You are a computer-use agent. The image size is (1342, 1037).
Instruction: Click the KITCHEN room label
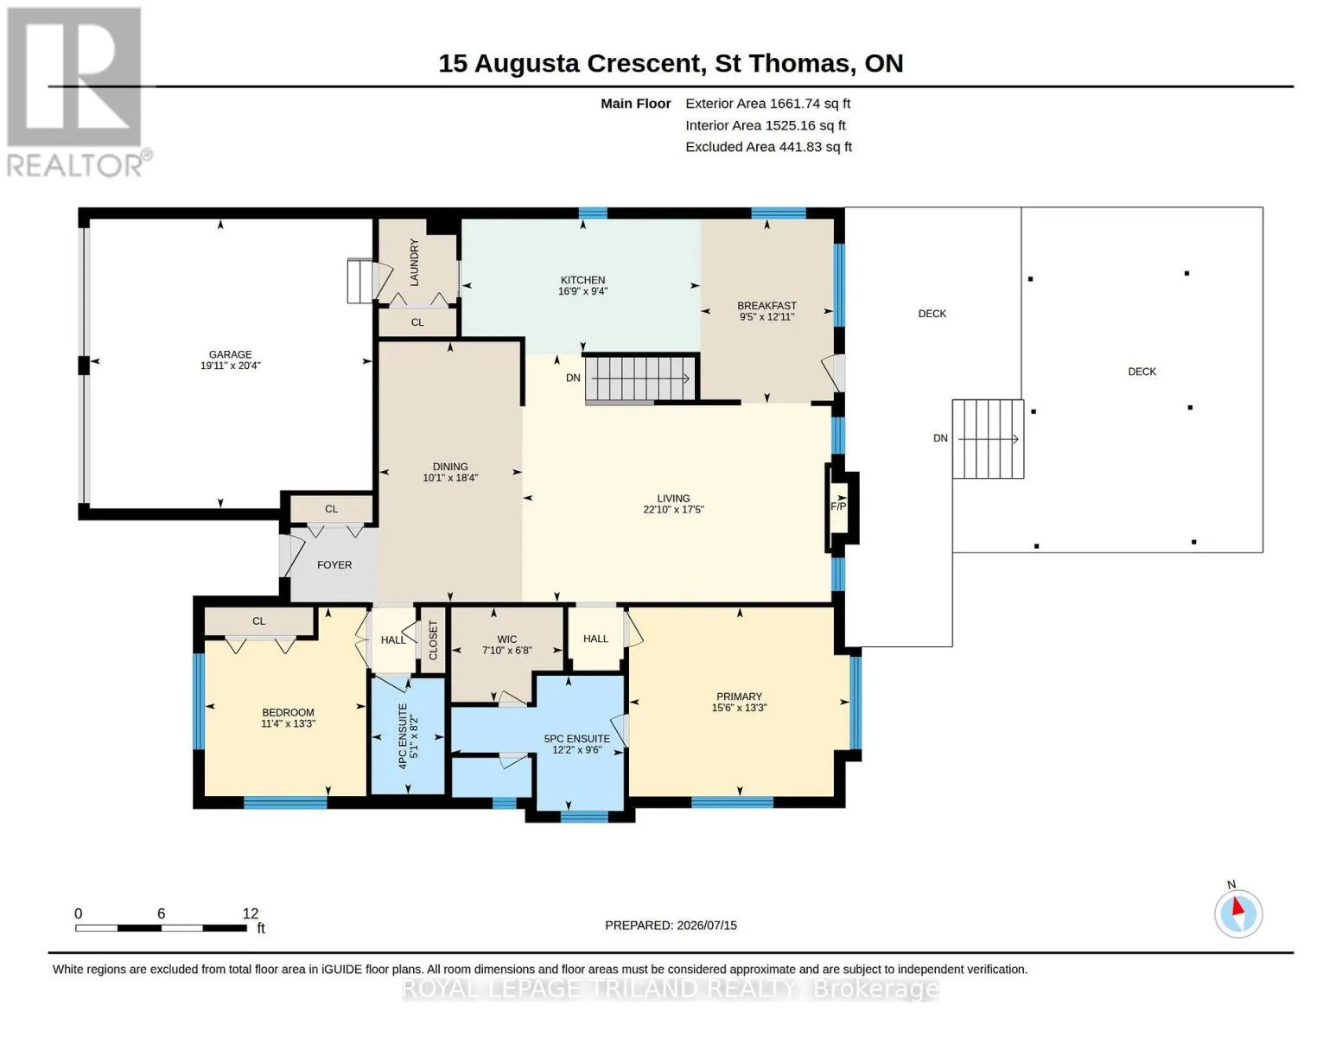coord(582,280)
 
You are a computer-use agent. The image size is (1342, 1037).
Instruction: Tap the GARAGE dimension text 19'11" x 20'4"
coord(231,366)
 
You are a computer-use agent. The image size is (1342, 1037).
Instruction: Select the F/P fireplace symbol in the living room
coord(842,507)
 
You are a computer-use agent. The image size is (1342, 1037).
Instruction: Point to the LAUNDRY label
coord(415,263)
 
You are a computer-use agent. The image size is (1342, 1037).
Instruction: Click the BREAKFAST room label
coord(767,306)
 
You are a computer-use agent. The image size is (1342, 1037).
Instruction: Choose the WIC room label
coord(507,639)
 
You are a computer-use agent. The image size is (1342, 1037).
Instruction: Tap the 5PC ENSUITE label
coord(577,739)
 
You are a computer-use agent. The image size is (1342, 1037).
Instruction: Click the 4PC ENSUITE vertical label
coord(403,736)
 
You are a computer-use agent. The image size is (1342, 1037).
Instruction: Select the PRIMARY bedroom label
coord(739,697)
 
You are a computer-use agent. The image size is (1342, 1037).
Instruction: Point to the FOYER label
coord(334,565)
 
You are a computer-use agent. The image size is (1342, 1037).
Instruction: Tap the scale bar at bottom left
coord(162,928)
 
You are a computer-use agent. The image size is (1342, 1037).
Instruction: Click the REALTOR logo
coord(77,92)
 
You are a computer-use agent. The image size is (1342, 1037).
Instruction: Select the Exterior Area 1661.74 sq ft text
coord(767,104)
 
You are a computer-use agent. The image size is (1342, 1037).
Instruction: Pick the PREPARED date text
coord(671,926)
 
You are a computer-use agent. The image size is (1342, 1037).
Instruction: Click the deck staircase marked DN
coord(988,439)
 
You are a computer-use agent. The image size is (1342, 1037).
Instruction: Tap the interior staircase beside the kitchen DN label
coord(640,378)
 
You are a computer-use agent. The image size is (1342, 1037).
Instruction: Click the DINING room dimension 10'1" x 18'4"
coord(450,478)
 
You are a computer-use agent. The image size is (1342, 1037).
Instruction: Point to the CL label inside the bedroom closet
coord(258,621)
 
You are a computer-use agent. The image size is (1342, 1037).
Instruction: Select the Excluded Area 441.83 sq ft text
coord(768,147)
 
